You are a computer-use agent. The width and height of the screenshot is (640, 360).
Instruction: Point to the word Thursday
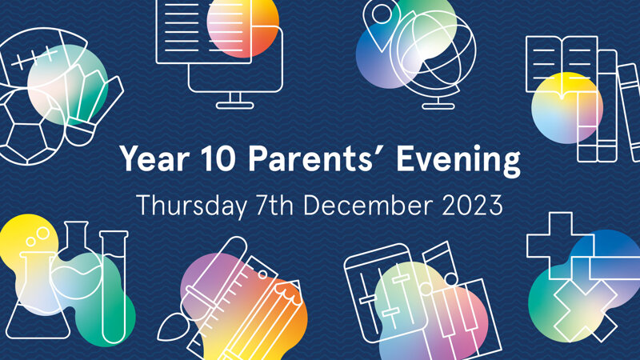[191, 206]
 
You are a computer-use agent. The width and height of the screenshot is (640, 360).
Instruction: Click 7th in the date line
[274, 205]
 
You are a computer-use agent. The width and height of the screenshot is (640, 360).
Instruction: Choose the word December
[367, 205]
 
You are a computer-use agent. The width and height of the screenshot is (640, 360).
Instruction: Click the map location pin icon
[382, 24]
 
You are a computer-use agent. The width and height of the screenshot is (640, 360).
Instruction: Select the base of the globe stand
[438, 106]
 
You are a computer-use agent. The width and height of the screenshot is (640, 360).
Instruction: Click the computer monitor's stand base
[234, 106]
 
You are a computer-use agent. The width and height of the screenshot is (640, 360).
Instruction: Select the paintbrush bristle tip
[171, 327]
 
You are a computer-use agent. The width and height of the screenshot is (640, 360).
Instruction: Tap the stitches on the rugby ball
[34, 58]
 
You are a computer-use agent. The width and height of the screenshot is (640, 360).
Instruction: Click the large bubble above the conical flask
[42, 234]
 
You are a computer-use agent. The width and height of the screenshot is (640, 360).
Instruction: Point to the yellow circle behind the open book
[567, 108]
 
